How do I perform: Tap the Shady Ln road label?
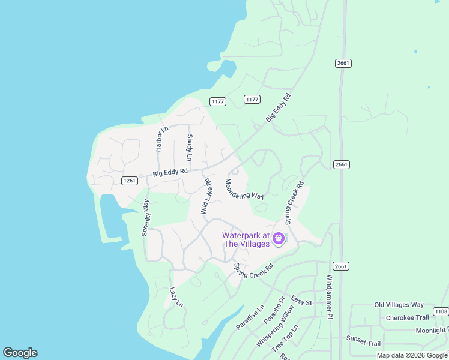(190, 148)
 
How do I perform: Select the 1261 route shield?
(129, 181)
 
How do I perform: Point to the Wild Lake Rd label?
(206, 196)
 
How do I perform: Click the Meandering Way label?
(244, 188)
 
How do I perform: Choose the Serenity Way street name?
(145, 218)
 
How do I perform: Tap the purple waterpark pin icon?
(279, 239)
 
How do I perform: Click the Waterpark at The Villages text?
(246, 239)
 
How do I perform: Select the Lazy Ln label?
(175, 297)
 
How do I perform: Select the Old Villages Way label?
(399, 305)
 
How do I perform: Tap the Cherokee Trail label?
(407, 317)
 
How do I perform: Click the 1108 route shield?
(441, 311)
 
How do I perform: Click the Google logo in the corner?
(20, 353)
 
